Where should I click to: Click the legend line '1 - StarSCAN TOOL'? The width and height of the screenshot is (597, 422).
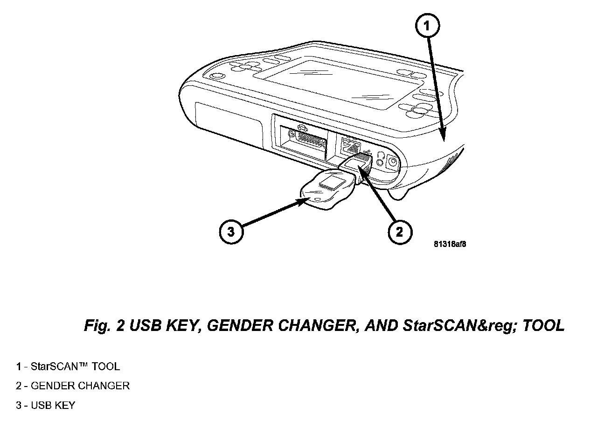(68, 366)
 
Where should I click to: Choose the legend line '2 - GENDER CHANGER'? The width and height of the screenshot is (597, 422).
(73, 386)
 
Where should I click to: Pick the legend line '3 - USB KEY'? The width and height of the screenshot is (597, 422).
(46, 405)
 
